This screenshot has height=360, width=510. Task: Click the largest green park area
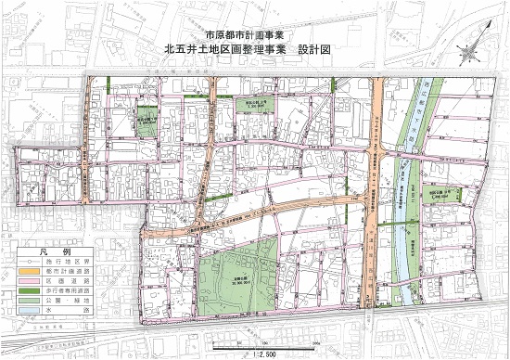pyautogui.click(x=236, y=274)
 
